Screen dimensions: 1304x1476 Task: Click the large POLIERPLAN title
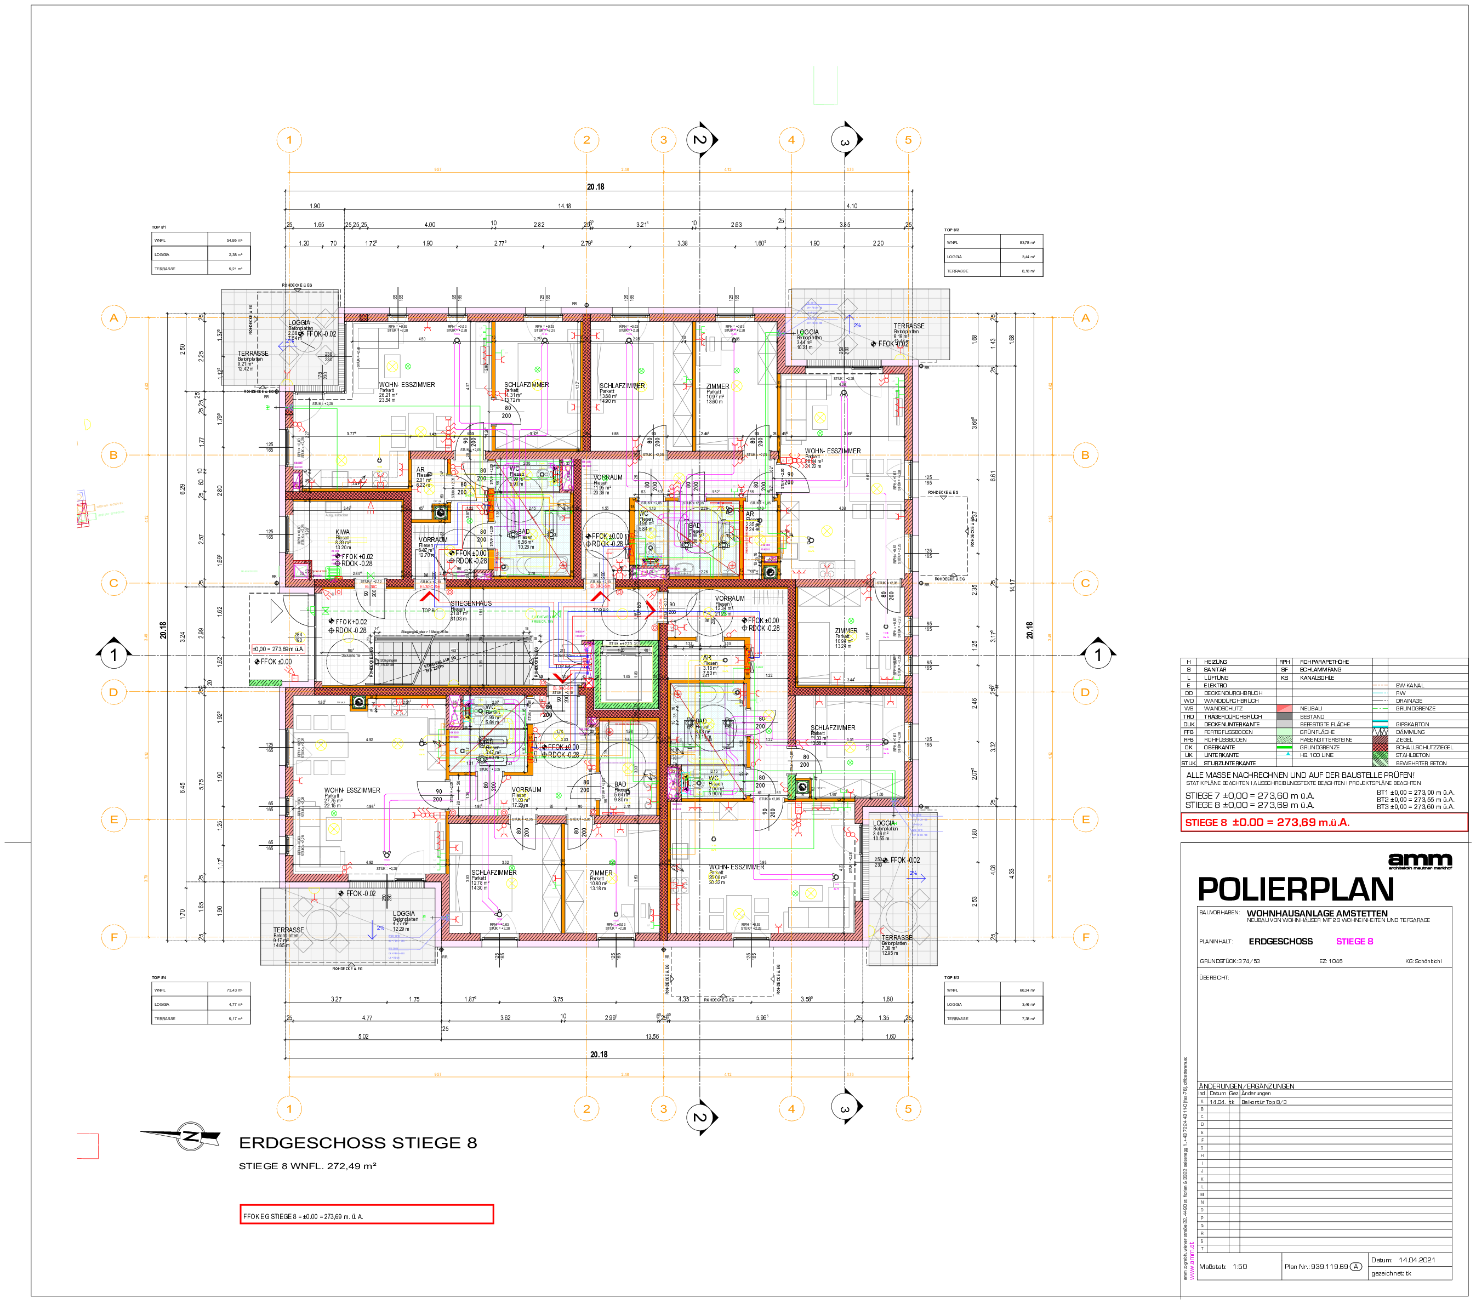(1296, 889)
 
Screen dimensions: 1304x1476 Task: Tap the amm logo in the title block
(1420, 859)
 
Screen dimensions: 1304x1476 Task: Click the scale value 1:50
(1240, 1267)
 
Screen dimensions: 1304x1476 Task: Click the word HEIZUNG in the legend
(1215, 662)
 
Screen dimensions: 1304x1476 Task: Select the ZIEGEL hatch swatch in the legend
(1380, 739)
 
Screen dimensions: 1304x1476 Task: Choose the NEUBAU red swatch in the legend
(1285, 708)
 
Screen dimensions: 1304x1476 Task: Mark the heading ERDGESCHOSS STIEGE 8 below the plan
(357, 1143)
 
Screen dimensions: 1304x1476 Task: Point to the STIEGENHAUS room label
(471, 603)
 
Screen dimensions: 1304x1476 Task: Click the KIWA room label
(343, 532)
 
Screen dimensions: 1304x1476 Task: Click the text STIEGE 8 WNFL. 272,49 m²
(307, 1165)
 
